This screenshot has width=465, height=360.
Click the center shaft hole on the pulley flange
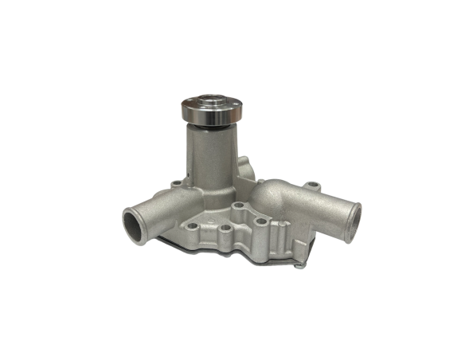(x=205, y=102)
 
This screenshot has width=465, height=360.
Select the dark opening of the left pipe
(x=135, y=226)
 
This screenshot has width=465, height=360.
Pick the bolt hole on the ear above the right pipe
(x=313, y=187)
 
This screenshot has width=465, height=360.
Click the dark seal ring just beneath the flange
(x=205, y=126)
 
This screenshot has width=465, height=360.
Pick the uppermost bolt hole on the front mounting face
(x=238, y=205)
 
